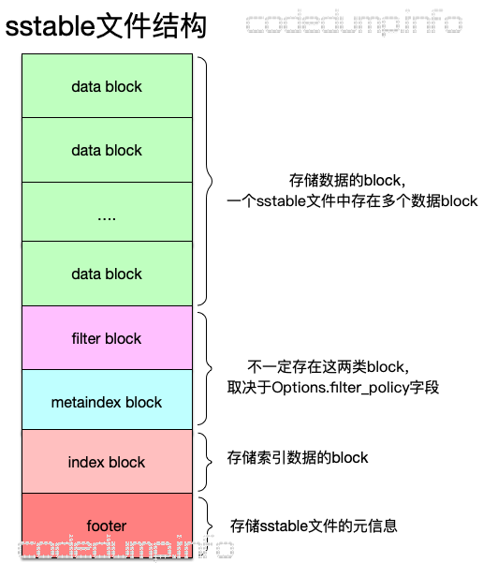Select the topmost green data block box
(x=107, y=86)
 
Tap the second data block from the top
(x=107, y=150)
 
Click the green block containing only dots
(x=107, y=212)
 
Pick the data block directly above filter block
(x=107, y=274)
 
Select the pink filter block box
(x=107, y=337)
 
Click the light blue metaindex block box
(x=107, y=402)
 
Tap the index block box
(x=107, y=462)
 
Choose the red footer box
(x=107, y=526)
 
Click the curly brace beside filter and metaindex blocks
(x=208, y=369)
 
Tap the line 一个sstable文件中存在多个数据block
(x=352, y=200)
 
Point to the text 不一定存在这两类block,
(x=329, y=366)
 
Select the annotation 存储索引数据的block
(x=298, y=458)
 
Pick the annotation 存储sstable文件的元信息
(x=313, y=526)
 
